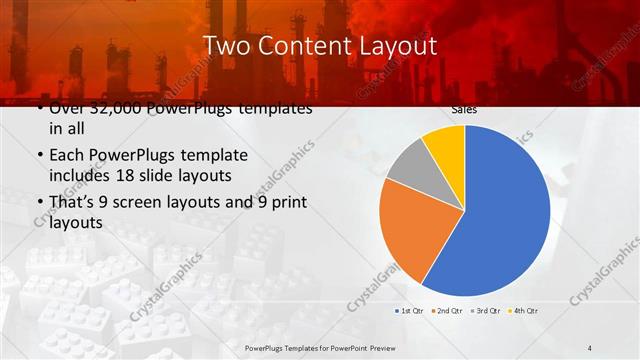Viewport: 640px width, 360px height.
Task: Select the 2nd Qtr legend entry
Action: click(446, 311)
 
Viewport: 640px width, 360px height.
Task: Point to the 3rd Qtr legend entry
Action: click(483, 311)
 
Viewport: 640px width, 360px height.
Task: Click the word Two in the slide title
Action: click(225, 46)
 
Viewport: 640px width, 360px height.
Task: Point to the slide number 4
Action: click(590, 347)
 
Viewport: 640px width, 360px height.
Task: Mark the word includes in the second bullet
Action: click(78, 176)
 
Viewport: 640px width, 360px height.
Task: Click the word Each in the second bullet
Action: click(67, 156)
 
